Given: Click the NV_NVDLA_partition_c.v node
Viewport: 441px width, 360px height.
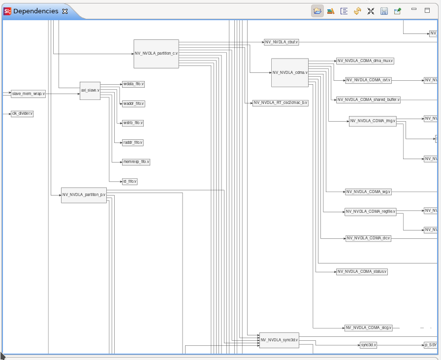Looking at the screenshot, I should tap(156, 53).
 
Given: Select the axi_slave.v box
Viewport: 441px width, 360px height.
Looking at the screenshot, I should tap(90, 91).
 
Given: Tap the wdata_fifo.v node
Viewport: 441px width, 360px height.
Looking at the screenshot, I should tap(133, 84).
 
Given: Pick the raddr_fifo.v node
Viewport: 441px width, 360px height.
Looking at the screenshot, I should tap(133, 142).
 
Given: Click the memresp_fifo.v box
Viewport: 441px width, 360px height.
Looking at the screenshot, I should tap(136, 162).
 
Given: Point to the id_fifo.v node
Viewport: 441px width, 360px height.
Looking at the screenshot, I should tap(130, 181).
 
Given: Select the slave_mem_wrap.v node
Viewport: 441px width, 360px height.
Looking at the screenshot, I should tap(28, 94).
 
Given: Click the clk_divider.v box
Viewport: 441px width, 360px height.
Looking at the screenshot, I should tap(22, 114).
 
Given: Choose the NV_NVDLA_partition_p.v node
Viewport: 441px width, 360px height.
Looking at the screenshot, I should tap(84, 195).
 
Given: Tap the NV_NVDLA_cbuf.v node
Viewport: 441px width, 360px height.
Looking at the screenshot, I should tap(282, 42).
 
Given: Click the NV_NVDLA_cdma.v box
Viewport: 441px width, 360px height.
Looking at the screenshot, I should tap(290, 72).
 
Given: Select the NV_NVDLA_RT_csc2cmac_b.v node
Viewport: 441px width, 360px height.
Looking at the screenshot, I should tap(281, 103).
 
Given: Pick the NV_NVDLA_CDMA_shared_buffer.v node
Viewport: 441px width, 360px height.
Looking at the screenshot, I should tap(368, 100).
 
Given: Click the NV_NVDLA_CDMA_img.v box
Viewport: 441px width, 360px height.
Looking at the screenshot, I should tap(373, 121).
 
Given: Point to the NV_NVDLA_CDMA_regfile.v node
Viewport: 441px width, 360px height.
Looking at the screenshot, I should tap(370, 212).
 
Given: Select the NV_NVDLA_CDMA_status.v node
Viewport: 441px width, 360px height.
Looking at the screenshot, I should tap(362, 271).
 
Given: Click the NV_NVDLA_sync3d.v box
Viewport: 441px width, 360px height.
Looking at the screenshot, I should tap(279, 340).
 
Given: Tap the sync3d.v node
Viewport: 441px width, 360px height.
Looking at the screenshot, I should tap(368, 345).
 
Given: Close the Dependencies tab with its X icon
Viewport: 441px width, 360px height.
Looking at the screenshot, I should tap(65, 11).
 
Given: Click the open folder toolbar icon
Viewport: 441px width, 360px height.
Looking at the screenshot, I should tap(317, 11).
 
